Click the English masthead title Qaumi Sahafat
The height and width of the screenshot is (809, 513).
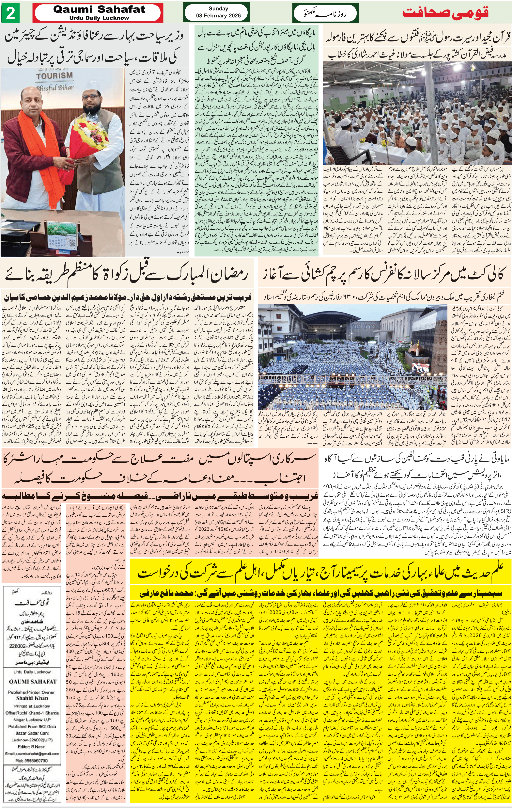click(x=99, y=9)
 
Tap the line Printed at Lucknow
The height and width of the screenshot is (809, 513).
click(x=32, y=706)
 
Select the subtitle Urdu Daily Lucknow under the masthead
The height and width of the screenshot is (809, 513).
click(x=99, y=18)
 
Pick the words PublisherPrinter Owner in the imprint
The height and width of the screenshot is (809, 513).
click(x=32, y=692)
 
